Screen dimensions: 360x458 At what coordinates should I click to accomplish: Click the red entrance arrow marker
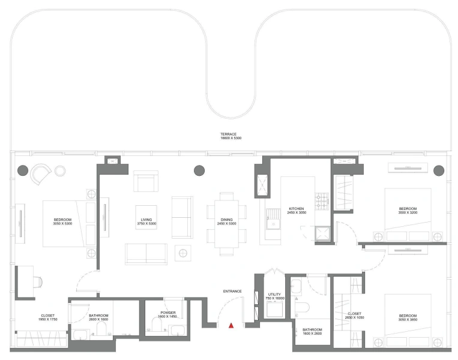(231, 326)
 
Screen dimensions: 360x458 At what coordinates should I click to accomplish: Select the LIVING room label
(146, 222)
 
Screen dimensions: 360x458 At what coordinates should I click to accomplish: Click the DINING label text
(226, 222)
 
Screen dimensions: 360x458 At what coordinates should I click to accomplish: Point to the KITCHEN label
(297, 211)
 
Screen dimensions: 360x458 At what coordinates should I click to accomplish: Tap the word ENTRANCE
(232, 292)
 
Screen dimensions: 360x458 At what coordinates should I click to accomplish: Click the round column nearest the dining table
(199, 170)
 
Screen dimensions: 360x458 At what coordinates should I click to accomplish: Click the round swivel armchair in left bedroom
(40, 174)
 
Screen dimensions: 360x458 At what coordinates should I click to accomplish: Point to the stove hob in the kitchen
(321, 202)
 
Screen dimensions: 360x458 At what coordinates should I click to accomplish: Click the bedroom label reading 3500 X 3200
(408, 211)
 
